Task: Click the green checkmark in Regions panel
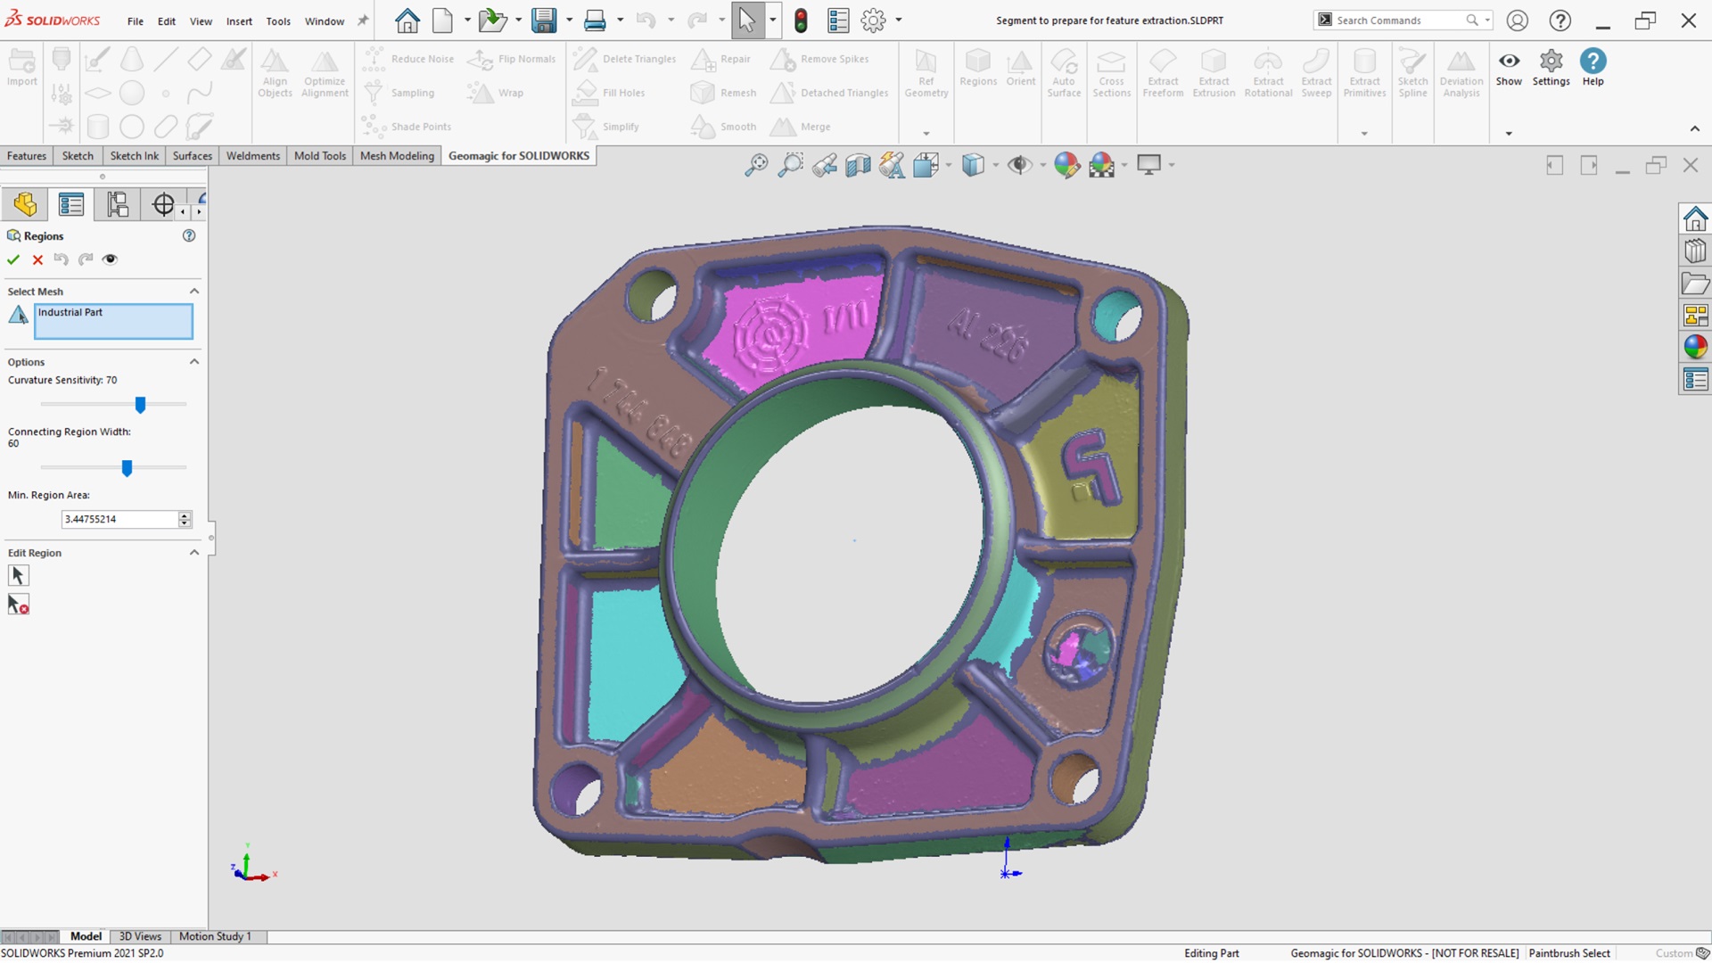coord(13,259)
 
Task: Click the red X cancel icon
coord(37,259)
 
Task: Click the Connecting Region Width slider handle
coord(127,467)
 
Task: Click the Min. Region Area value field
coord(119,519)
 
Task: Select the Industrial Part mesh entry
coord(112,321)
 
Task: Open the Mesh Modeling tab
coord(397,156)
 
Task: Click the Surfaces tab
coord(192,156)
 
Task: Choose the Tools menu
coord(278,21)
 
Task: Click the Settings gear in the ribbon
coord(1551,68)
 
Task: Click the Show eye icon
coord(1509,68)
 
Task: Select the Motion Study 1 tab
coord(215,936)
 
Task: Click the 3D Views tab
coord(140,936)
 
